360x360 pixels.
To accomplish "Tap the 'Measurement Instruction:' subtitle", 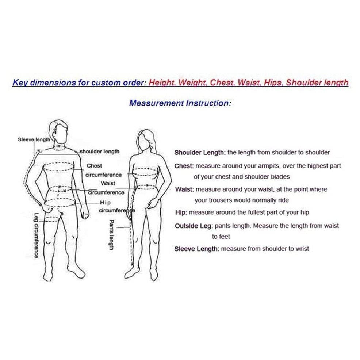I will pyautogui.click(x=180, y=103).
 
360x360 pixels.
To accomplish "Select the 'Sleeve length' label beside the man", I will pyautogui.click(x=34, y=139).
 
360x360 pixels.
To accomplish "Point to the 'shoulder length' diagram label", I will pyautogui.click(x=99, y=152).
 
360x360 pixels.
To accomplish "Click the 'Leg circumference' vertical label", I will pyautogui.click(x=36, y=235).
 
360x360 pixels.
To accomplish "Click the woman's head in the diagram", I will pyautogui.click(x=145, y=139).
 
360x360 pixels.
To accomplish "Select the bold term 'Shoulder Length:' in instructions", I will pyautogui.click(x=200, y=153).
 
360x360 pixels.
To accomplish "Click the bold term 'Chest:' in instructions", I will pyautogui.click(x=184, y=166).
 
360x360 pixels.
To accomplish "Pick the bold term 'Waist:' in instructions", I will pyautogui.click(x=184, y=189).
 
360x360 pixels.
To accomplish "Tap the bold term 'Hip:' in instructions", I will pyautogui.click(x=181, y=212).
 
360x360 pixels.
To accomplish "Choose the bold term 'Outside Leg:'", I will pyautogui.click(x=194, y=226).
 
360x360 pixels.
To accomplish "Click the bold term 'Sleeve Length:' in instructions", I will pyautogui.click(x=197, y=249).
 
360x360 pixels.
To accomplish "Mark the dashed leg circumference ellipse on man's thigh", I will pyautogui.click(x=52, y=219).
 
